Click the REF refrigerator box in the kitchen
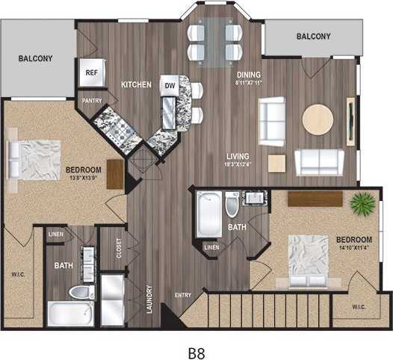pyautogui.click(x=92, y=72)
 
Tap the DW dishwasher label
pyautogui.click(x=170, y=85)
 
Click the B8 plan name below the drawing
pyautogui.click(x=196, y=348)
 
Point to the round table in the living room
pyautogui.click(x=318, y=119)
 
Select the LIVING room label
pyautogui.click(x=238, y=156)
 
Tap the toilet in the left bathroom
pyautogui.click(x=78, y=293)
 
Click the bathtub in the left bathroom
pyautogui.click(x=70, y=314)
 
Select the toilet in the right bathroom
pyautogui.click(x=232, y=205)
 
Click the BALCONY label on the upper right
pyautogui.click(x=313, y=37)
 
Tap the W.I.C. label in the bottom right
pyautogui.click(x=356, y=307)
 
